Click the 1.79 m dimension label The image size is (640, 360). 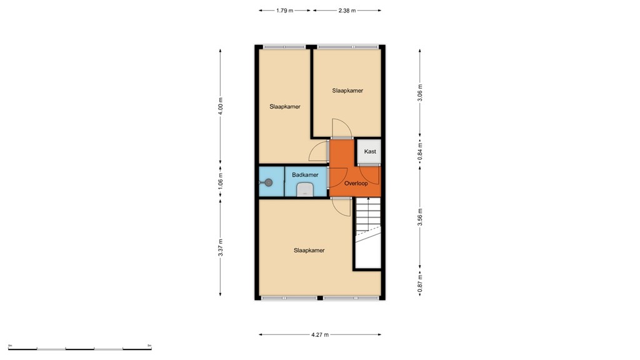point(284,11)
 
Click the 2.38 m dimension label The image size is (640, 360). point(347,11)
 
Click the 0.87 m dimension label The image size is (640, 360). point(421,284)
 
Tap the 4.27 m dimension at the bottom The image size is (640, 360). point(319,334)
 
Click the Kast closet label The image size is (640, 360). point(370,152)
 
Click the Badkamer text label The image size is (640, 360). point(305,175)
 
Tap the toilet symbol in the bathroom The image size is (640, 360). point(305,190)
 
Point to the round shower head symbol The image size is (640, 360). point(268,182)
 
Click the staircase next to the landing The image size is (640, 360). point(367,231)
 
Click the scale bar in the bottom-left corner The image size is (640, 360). point(79,347)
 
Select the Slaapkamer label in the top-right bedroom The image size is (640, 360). point(347,91)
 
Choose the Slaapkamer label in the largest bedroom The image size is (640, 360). point(309,250)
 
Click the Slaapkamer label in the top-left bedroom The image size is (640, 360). point(285,106)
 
